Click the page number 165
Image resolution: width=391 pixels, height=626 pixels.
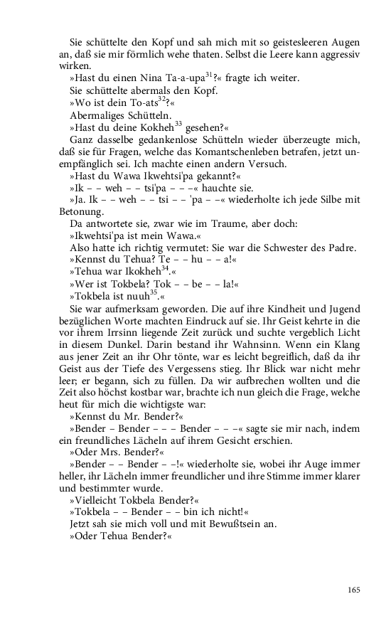tap(354, 589)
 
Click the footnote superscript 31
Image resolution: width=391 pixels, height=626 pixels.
tap(210, 75)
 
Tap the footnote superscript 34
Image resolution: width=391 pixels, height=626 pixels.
tap(155, 268)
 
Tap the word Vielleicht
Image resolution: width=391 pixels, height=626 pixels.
tap(98, 500)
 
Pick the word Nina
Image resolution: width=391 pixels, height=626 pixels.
tap(151, 77)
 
